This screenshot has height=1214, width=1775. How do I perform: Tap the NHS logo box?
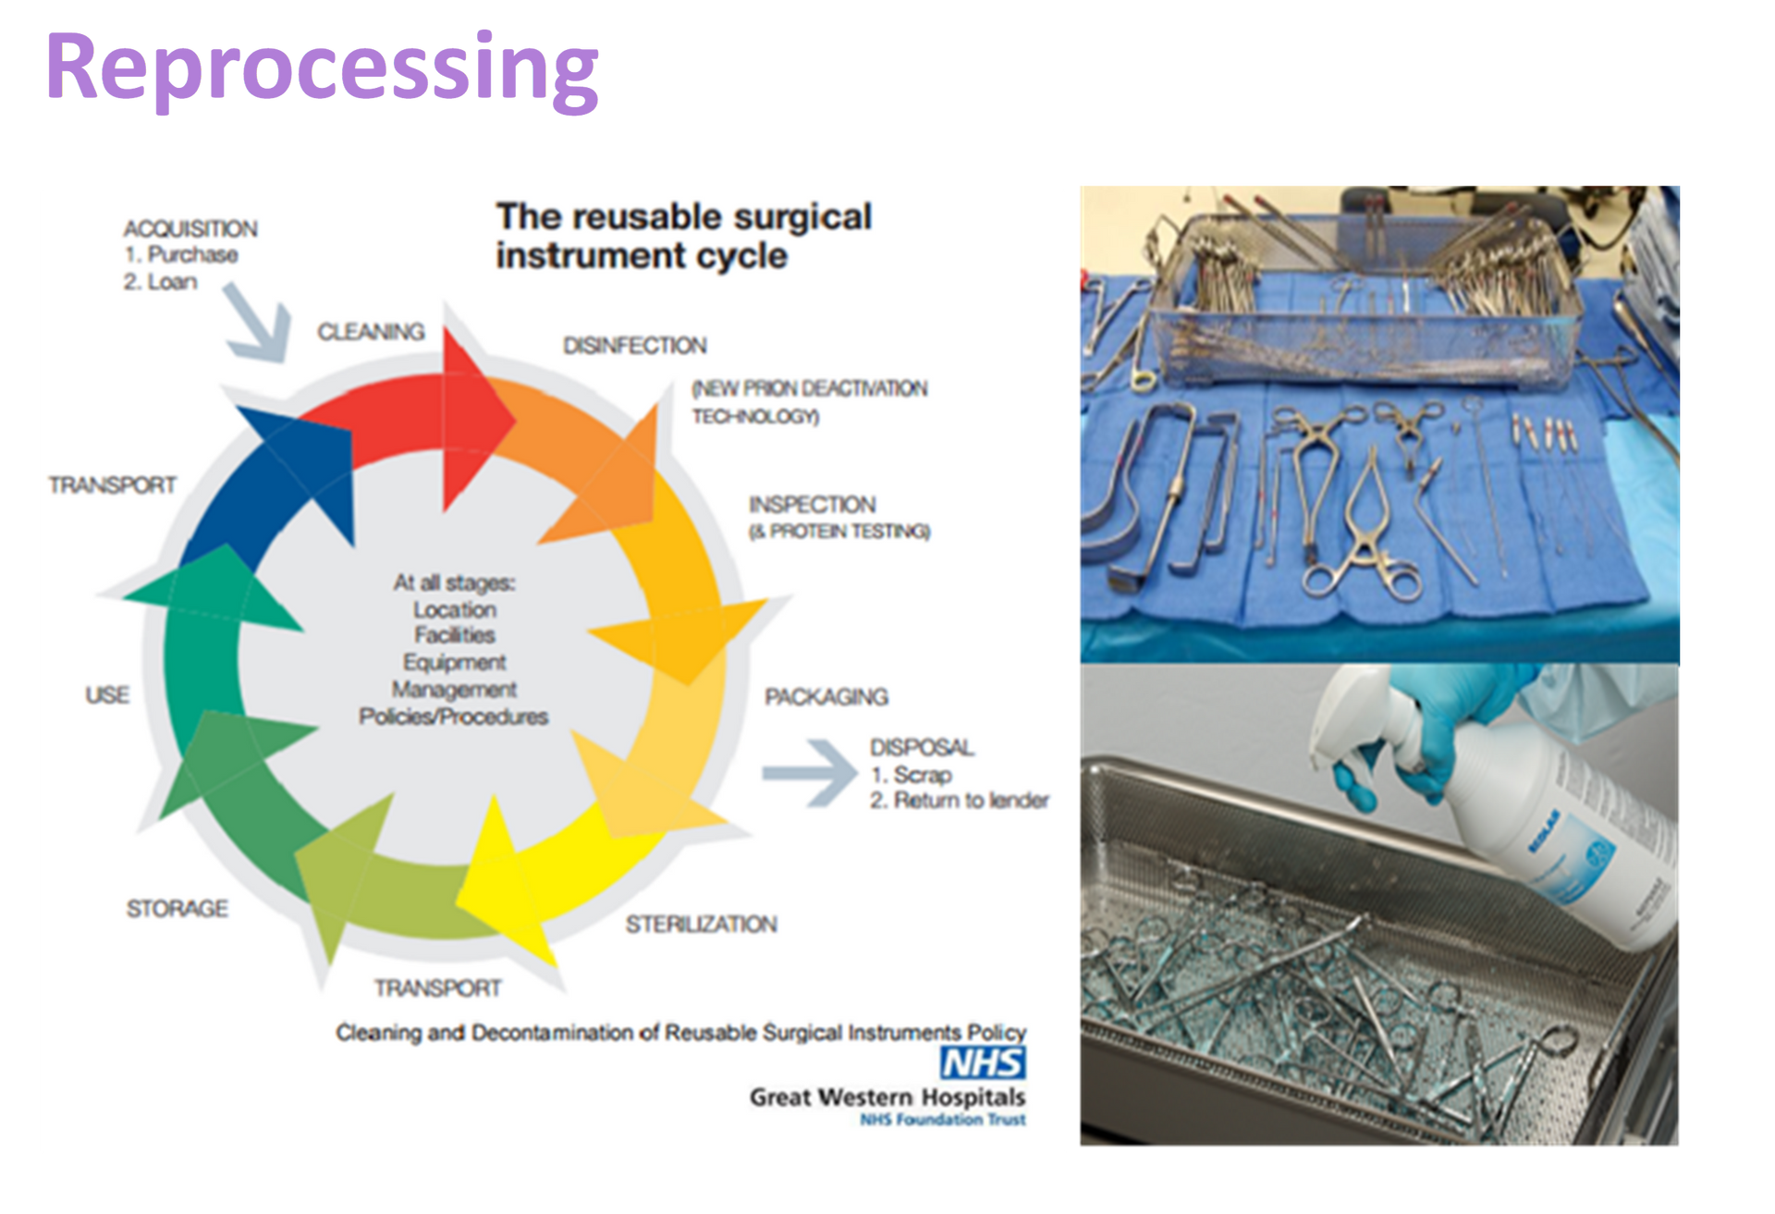982,1063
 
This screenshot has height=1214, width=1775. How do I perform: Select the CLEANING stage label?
371,332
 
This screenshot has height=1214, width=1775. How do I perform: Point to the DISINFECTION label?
635,346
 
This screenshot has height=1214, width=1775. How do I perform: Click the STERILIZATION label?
701,925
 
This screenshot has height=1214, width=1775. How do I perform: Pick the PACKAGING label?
826,697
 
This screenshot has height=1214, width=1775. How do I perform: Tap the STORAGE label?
177,909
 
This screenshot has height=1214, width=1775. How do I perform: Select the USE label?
107,695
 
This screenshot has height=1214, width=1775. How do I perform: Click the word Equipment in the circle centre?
454,663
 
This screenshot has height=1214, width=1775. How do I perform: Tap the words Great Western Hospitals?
887,1098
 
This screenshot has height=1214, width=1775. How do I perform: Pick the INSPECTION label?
812,505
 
